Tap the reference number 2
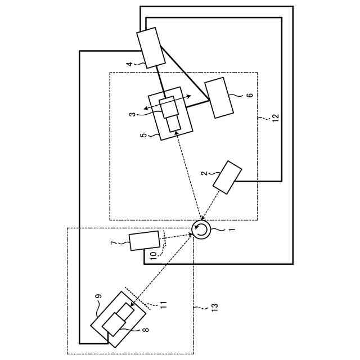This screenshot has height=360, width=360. point(204,174)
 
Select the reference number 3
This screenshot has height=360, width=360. point(132,114)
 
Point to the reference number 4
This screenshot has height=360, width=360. point(129,65)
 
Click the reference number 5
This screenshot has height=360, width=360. point(143,135)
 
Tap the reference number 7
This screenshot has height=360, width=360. point(114,243)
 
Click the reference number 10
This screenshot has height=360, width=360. point(153,254)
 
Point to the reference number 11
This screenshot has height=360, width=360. point(163,304)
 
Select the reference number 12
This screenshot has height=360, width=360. point(275,118)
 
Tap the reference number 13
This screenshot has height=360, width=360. point(214,307)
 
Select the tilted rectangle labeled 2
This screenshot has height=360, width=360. point(227,177)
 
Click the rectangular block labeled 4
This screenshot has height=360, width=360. point(151,48)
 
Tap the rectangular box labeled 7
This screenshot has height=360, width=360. point(144,241)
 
